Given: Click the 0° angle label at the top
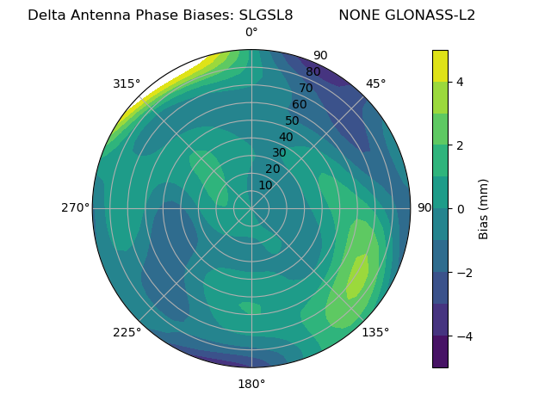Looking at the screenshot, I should (251, 33).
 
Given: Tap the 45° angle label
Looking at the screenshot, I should (375, 83).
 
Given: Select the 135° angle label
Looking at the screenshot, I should (375, 332).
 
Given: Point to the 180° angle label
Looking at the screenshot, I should (251, 384).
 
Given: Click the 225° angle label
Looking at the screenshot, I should (127, 332).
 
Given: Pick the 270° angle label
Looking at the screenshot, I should (75, 208).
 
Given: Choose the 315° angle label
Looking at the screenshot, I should (127, 83).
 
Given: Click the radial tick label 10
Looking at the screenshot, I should (265, 185).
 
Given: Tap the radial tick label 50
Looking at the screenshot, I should (292, 121).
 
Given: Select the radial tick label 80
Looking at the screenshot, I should (313, 72).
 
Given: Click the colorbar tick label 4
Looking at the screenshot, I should (461, 82).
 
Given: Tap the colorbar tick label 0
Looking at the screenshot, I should (461, 209).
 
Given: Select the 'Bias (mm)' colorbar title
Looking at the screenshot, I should (484, 209).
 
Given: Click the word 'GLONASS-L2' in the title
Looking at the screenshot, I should (406, 15).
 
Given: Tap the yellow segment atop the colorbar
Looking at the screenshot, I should (440, 65).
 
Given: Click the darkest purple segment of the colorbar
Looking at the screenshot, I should (440, 352).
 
